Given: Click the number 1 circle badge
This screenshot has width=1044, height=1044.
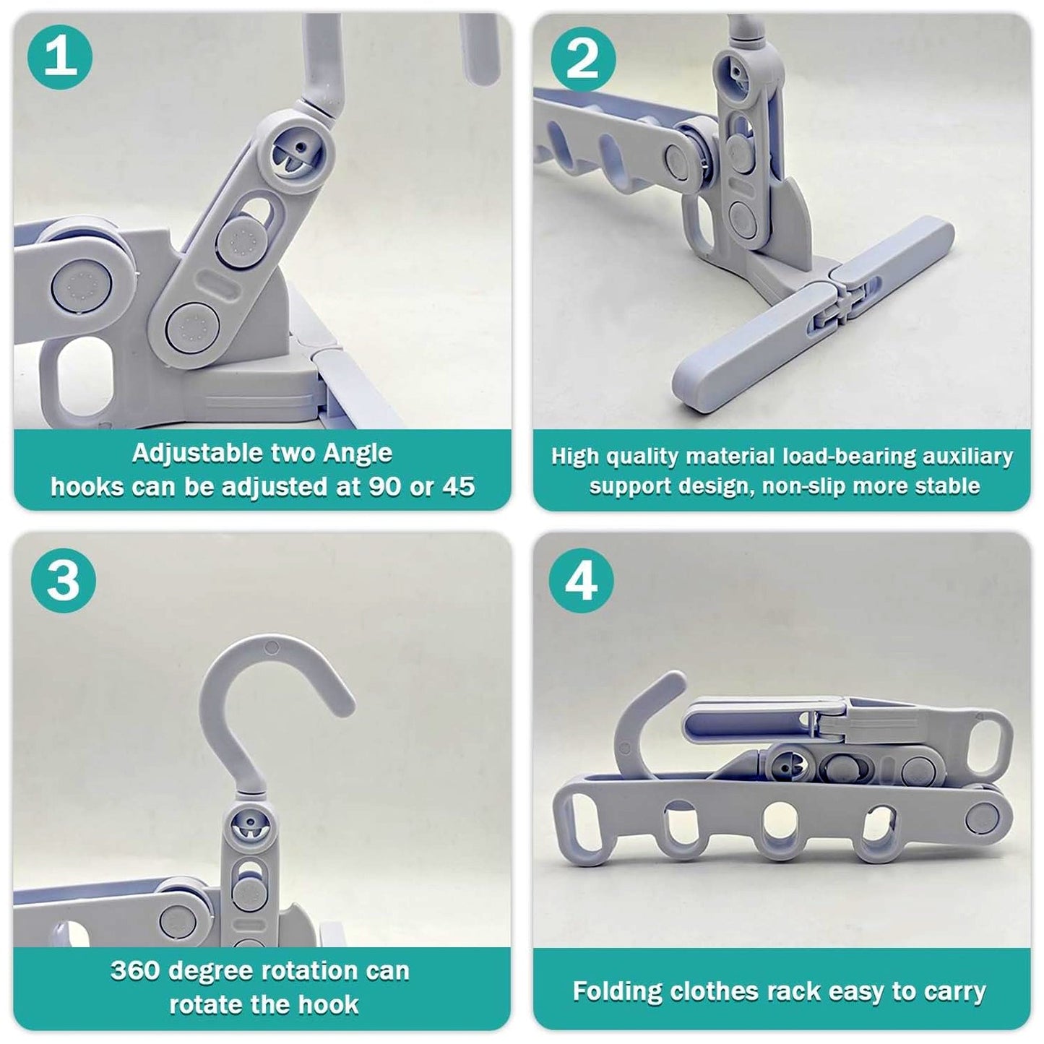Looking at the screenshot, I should pos(60,56).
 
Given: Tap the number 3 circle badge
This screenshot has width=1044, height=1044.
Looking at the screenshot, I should pos(64,580).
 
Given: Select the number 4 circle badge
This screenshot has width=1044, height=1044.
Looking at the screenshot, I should pos(582,580).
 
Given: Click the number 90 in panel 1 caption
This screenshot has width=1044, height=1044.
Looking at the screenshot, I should pos(385,487).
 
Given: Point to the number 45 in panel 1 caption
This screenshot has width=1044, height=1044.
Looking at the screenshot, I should pos(458,487).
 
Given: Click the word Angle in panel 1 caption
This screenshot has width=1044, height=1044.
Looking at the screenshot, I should pos(358,454).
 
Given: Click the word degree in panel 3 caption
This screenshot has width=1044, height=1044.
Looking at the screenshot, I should pos(207,970).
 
